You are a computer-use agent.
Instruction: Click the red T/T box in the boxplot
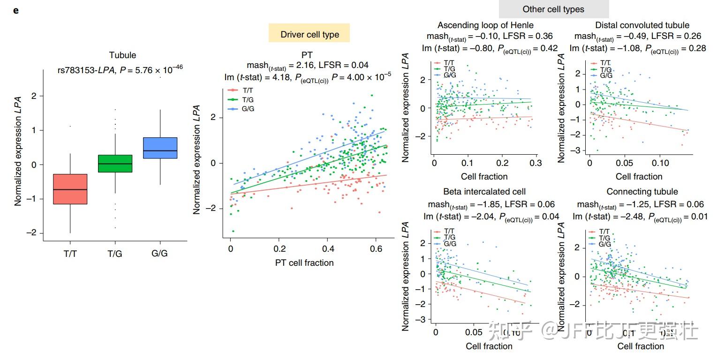[x=70, y=189]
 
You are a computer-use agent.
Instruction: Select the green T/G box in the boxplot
[x=115, y=164]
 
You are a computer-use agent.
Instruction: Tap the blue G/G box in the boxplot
[x=160, y=148]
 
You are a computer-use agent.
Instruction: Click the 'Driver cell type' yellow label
[x=309, y=34]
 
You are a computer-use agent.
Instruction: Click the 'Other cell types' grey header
[x=553, y=9]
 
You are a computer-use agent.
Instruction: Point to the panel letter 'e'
[x=16, y=10]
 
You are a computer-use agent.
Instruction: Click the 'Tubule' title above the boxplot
[x=122, y=55]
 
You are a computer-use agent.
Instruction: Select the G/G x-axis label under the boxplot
[x=159, y=254]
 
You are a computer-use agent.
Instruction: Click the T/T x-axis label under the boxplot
[x=70, y=254]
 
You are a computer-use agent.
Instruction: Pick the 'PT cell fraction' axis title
[x=304, y=262]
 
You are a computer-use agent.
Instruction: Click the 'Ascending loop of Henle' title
[x=485, y=25]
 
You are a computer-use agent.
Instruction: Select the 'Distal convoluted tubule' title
[x=642, y=25]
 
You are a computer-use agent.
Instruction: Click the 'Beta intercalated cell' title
[x=484, y=191]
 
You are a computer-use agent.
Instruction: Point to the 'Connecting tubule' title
[x=642, y=191]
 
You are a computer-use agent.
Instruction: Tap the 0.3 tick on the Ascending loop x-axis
[x=536, y=163]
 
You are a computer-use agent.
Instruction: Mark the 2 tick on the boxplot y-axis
[x=34, y=96]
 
